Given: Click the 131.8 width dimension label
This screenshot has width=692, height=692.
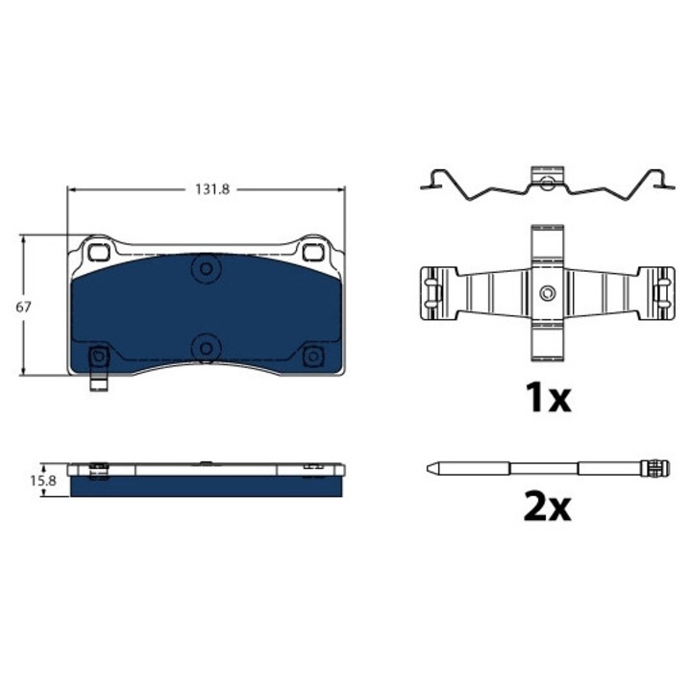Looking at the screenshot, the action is pyautogui.click(x=212, y=189).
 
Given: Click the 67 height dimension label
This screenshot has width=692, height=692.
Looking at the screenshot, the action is pyautogui.click(x=23, y=307).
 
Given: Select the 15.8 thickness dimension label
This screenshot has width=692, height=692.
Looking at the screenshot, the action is pyautogui.click(x=43, y=481).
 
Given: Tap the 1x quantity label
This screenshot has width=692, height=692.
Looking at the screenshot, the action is pyautogui.click(x=548, y=398).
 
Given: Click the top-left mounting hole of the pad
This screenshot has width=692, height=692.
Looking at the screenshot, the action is pyautogui.click(x=98, y=252).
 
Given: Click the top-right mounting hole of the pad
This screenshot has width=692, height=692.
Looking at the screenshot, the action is pyautogui.click(x=312, y=252).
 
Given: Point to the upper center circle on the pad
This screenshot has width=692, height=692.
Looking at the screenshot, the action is pyautogui.click(x=206, y=268).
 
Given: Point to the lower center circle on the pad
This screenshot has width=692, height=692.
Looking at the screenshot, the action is pyautogui.click(x=206, y=348).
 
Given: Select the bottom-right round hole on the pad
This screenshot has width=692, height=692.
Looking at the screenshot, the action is pyautogui.click(x=313, y=356).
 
